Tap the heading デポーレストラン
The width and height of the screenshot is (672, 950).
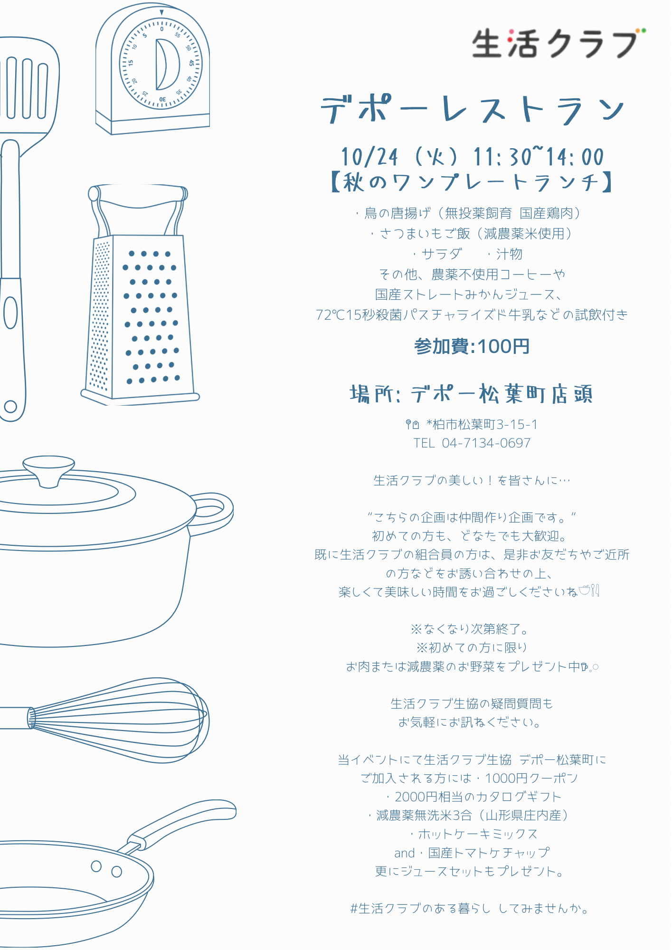pyautogui.click(x=473, y=109)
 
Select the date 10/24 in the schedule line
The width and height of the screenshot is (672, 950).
pyautogui.click(x=369, y=157)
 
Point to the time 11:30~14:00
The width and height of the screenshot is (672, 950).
pyautogui.click(x=539, y=157)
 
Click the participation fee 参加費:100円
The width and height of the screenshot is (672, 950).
pyautogui.click(x=472, y=346)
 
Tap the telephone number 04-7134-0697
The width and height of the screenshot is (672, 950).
pyautogui.click(x=486, y=443)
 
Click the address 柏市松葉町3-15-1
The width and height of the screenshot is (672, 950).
pyautogui.click(x=485, y=424)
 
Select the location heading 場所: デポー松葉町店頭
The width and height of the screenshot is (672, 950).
pyautogui.click(x=472, y=394)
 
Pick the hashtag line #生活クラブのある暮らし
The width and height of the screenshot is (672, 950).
pyautogui.click(x=420, y=909)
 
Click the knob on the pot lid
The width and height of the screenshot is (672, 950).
pyautogui.click(x=49, y=470)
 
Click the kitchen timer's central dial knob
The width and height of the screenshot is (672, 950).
pyautogui.click(x=167, y=64)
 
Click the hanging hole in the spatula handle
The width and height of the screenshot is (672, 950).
pyautogui.click(x=10, y=407)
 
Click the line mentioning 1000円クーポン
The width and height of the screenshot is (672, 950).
pyautogui.click(x=469, y=779)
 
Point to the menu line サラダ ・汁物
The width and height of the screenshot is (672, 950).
pyautogui.click(x=467, y=254)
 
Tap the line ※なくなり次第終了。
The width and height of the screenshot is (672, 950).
pyautogui.click(x=470, y=629)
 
